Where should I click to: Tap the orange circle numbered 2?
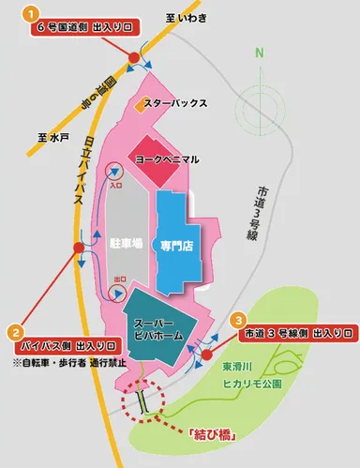tap(16, 331)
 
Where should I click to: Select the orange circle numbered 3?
tap(240, 321)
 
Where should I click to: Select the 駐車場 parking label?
tap(126, 242)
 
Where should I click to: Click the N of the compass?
tap(262, 53)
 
